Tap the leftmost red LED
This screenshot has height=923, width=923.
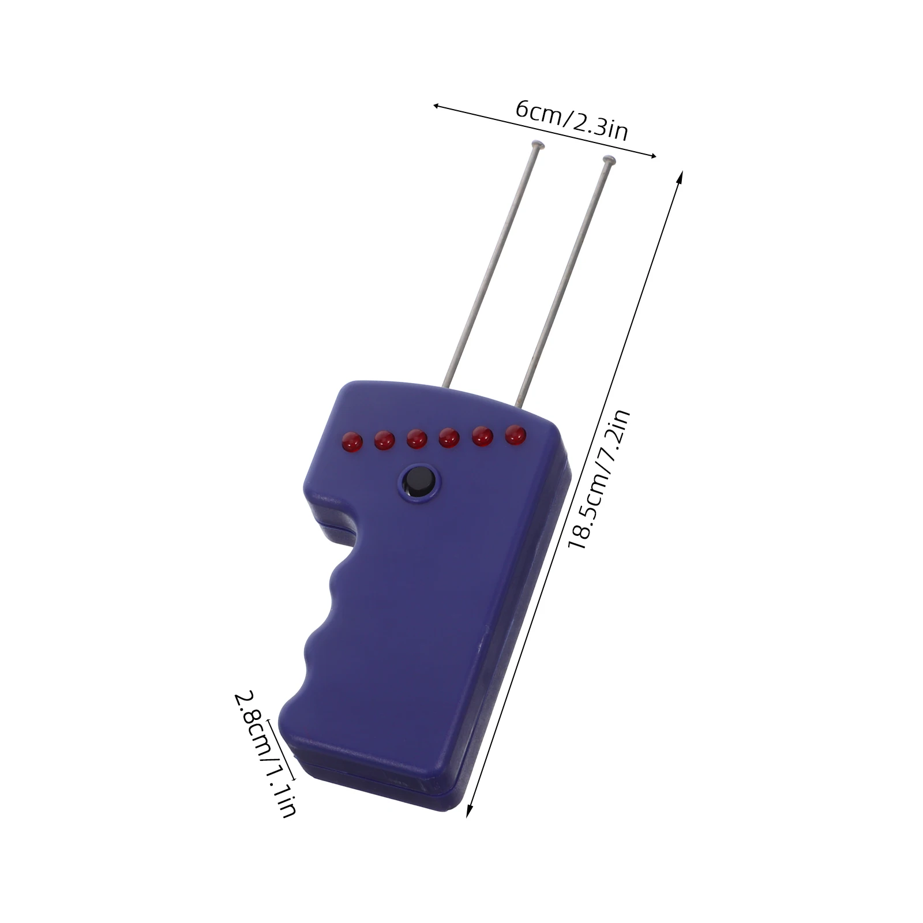tap(351, 442)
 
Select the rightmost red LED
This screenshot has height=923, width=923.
tap(516, 435)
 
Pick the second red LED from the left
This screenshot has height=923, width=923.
tap(384, 441)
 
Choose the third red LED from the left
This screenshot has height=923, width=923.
tap(417, 440)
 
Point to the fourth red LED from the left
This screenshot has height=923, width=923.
tap(449, 438)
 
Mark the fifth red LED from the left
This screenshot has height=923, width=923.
tap(482, 437)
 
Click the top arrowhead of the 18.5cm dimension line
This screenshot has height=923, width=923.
tap(681, 175)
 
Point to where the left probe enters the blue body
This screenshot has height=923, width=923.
tap(447, 384)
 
